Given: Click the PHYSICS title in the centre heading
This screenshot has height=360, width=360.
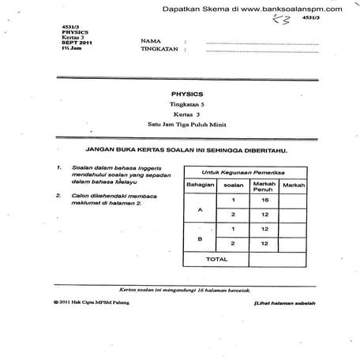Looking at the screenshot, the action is [192, 92].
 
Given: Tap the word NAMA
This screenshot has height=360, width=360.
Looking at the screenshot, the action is [151, 39].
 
